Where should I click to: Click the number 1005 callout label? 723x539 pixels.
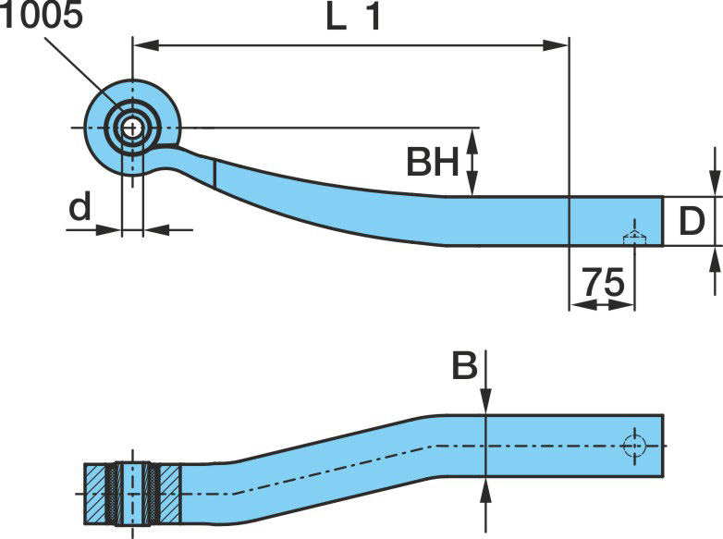[42, 18]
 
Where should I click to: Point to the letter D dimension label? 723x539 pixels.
[692, 222]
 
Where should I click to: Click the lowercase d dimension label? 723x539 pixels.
[80, 208]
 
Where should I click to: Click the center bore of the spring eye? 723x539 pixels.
[132, 127]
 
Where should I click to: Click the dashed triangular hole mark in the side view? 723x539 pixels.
[633, 237]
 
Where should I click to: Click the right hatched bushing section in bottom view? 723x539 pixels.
[167, 493]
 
